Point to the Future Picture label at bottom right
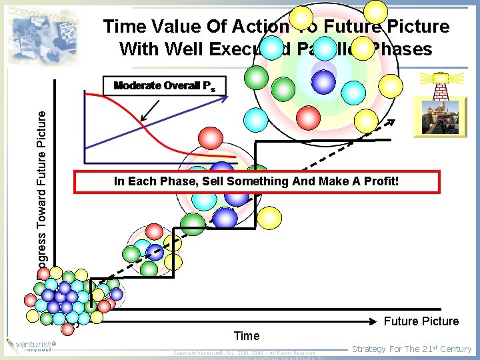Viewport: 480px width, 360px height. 421,321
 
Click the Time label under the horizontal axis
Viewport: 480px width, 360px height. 247,335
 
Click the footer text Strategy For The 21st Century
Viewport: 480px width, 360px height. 411,349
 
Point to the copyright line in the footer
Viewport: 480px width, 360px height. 243,352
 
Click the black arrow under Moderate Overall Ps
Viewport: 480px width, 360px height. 150,108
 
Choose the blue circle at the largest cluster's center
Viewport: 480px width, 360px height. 323,81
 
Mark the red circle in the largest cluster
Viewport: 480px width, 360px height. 308,117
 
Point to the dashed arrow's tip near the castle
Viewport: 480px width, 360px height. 393,121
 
